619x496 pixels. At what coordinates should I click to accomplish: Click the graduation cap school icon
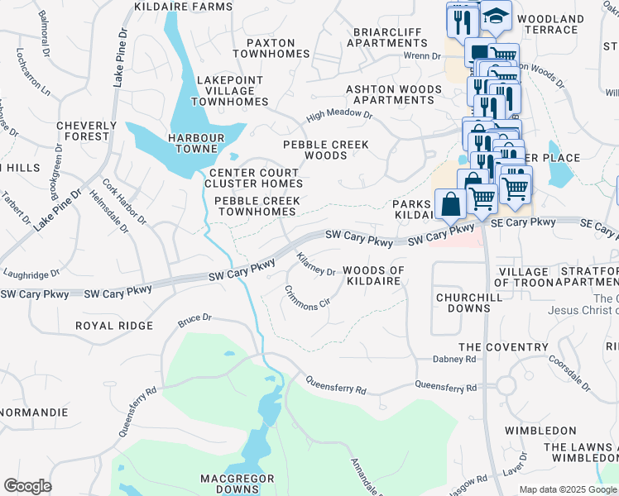click(495, 16)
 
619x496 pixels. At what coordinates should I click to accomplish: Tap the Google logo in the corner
click(27, 486)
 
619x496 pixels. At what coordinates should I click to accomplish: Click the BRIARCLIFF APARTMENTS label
click(387, 37)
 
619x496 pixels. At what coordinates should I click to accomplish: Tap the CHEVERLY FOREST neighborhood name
click(82, 131)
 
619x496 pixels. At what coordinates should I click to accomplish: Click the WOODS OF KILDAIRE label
click(373, 275)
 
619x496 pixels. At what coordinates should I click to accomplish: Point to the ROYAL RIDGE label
click(113, 326)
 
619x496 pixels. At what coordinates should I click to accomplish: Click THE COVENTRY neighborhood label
click(493, 347)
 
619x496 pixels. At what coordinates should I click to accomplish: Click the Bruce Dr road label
click(195, 317)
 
